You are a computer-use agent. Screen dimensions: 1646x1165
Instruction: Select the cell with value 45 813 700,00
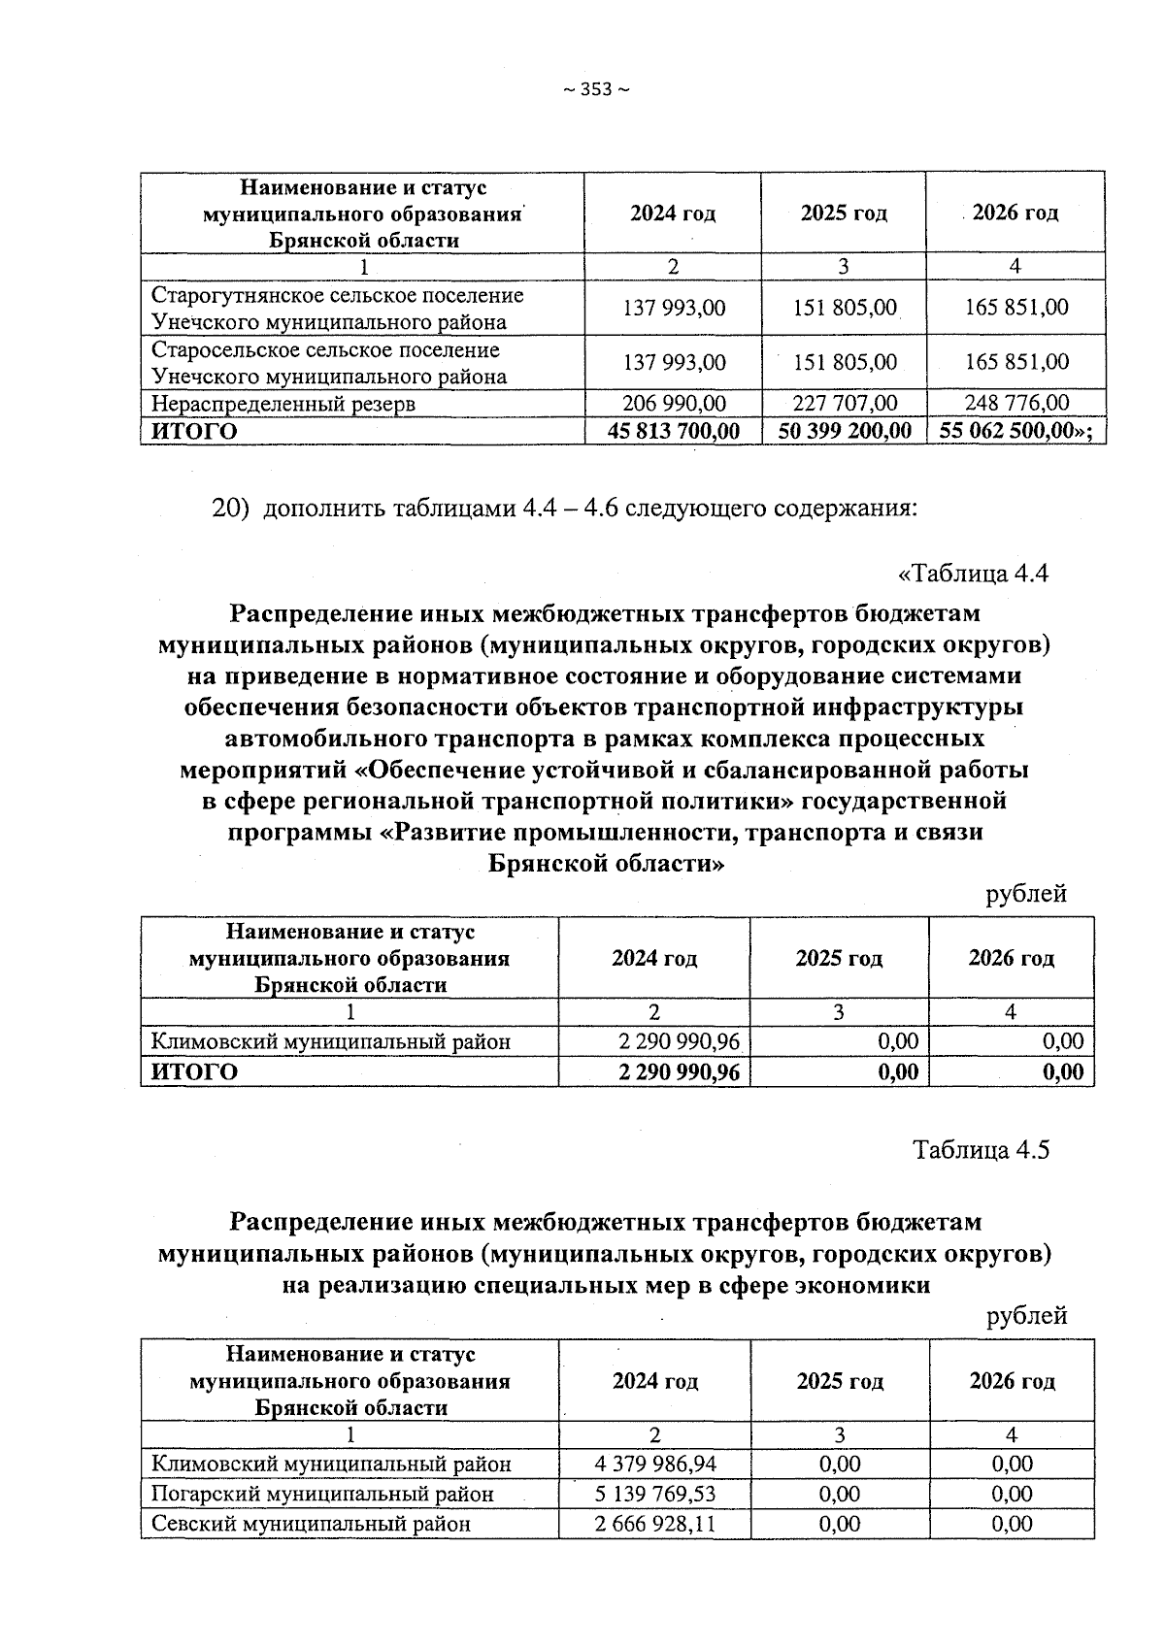(x=673, y=431)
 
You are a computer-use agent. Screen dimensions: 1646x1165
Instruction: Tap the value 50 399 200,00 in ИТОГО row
(x=844, y=431)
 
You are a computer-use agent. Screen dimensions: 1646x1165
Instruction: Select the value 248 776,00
(x=1016, y=403)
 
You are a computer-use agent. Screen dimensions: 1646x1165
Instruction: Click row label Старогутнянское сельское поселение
(x=337, y=295)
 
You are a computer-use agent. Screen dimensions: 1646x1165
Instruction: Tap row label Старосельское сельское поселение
(x=325, y=349)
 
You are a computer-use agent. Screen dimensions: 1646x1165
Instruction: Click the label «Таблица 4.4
(x=974, y=574)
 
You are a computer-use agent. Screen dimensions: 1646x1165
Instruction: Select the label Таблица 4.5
(x=981, y=1150)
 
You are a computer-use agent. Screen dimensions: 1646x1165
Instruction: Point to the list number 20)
(x=232, y=509)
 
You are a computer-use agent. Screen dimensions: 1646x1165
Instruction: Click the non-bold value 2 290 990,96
(x=679, y=1042)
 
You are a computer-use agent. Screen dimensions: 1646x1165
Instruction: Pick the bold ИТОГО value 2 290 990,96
(x=679, y=1071)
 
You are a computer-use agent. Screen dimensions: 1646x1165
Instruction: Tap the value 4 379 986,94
(x=655, y=1464)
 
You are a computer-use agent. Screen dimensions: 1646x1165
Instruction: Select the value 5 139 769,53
(x=655, y=1494)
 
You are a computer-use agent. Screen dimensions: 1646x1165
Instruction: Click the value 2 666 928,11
(x=655, y=1524)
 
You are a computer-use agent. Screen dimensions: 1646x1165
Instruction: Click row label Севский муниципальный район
(x=311, y=1524)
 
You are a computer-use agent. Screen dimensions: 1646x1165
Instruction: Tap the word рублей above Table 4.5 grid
(x=1026, y=1316)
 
